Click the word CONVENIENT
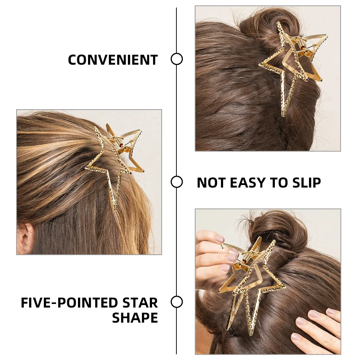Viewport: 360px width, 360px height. tap(113, 60)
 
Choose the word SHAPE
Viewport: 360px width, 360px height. tap(135, 318)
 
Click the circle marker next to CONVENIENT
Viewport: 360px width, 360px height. tap(176, 59)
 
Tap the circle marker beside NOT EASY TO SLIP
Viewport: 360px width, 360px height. tap(176, 182)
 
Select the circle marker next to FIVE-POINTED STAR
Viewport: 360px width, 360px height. tap(176, 302)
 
